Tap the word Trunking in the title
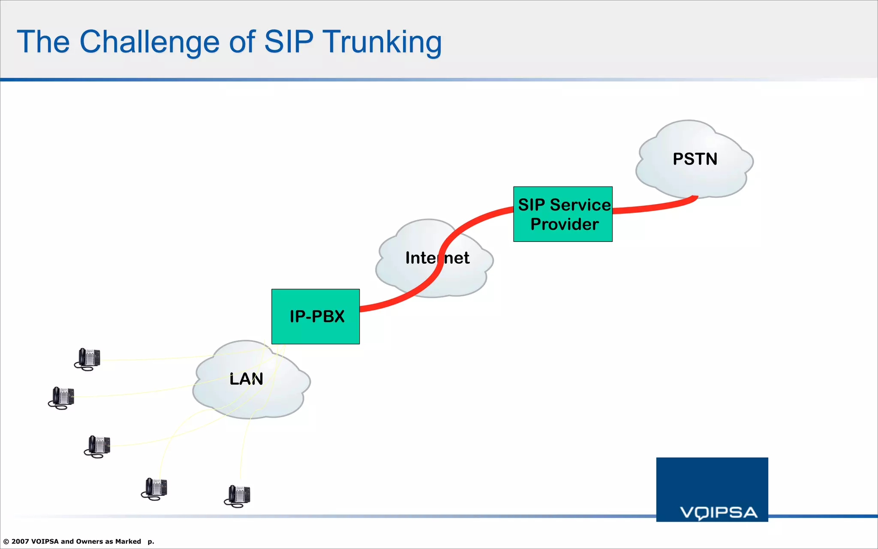tap(382, 42)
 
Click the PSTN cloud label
tap(695, 159)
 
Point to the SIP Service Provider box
tap(562, 214)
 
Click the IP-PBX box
tap(316, 317)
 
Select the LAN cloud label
tap(246, 379)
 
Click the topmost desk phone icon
tap(87, 359)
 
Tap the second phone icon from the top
tap(62, 398)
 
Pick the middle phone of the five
tap(98, 446)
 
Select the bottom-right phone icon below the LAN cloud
tap(238, 496)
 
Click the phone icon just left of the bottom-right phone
tap(155, 489)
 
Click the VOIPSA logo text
tap(719, 512)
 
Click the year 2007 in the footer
tap(20, 541)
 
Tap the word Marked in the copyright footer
tap(128, 541)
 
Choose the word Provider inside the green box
tap(564, 224)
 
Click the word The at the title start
tap(43, 42)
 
